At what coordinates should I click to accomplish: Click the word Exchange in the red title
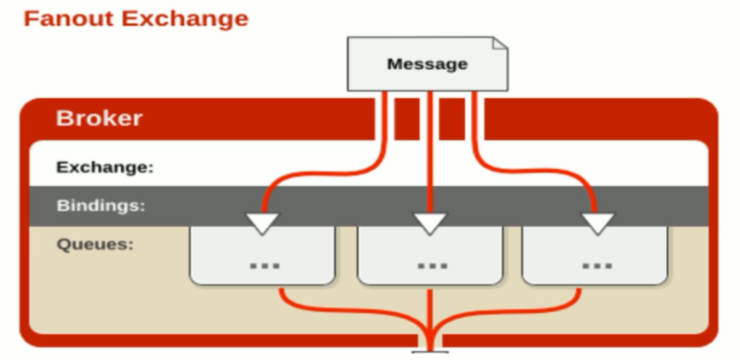[x=185, y=18]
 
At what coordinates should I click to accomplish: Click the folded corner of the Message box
[x=500, y=43]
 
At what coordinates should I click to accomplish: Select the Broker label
[x=99, y=118]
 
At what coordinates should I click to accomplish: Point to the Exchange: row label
[x=105, y=167]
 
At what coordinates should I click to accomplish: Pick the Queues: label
[x=95, y=244]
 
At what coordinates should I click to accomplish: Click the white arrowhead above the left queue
[x=263, y=223]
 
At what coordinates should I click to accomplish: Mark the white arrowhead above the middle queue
[x=430, y=223]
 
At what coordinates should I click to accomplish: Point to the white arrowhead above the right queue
[x=598, y=223]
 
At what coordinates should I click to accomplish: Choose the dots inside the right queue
[x=598, y=264]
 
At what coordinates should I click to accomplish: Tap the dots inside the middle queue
[x=432, y=264]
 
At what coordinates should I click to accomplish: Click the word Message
[x=427, y=64]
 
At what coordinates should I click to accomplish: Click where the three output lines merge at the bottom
[x=430, y=332]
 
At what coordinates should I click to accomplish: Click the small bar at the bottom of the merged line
[x=430, y=351]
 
